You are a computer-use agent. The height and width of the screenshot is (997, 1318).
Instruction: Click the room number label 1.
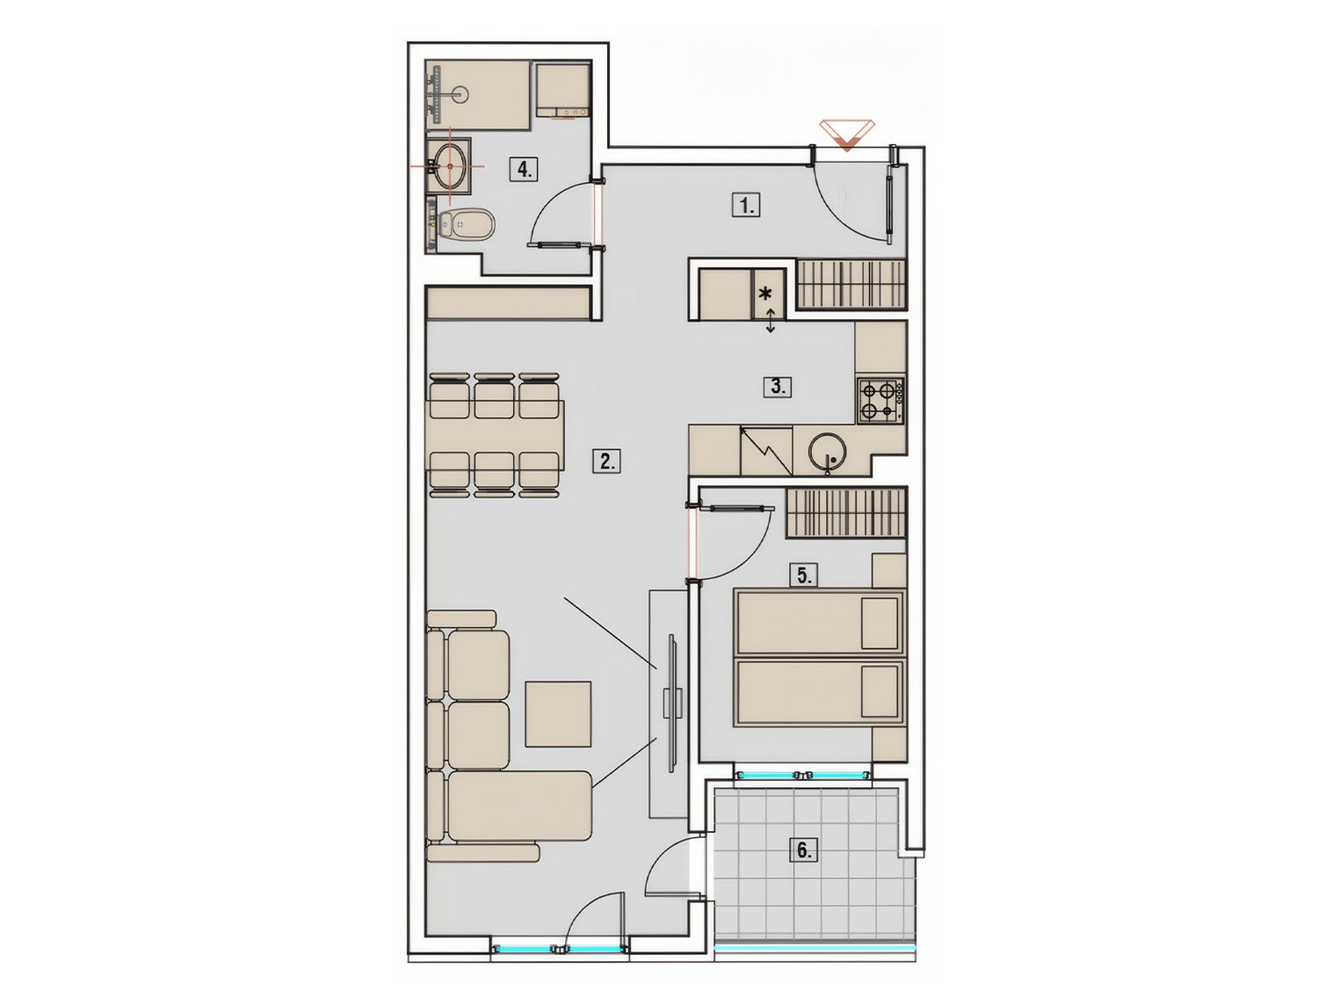(746, 206)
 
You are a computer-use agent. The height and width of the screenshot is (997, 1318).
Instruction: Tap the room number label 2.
(606, 461)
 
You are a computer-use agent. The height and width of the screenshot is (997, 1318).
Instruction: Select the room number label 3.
(778, 387)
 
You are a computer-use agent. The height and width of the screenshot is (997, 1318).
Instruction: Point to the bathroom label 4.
(525, 169)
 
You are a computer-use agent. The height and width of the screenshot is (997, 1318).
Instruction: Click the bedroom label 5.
(804, 574)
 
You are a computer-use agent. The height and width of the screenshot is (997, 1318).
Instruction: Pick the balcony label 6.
(804, 849)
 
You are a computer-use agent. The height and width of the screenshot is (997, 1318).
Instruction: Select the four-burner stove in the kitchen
(880, 401)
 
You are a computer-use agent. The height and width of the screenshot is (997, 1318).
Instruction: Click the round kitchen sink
(827, 451)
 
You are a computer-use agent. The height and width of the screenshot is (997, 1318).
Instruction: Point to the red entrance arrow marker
(847, 135)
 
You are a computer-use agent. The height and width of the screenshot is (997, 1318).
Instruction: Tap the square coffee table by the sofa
(559, 713)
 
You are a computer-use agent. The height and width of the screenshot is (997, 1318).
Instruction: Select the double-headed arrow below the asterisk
(771, 321)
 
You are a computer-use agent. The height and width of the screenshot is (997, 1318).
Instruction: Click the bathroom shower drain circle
(460, 94)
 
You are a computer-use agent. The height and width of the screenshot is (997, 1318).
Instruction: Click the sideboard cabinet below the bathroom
(507, 302)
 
